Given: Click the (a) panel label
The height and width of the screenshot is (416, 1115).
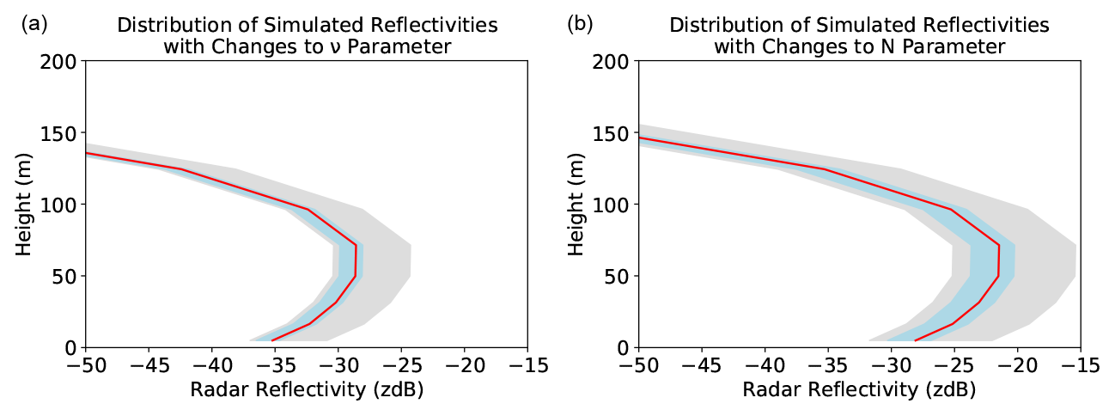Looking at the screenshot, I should (34, 24).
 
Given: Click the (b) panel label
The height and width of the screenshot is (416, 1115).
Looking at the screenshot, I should (581, 24).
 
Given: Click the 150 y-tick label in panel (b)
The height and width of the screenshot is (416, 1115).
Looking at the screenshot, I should (611, 133).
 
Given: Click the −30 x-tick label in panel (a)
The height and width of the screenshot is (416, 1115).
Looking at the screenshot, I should (337, 366).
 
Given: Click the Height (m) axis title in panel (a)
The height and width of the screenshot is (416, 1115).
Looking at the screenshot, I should (25, 204).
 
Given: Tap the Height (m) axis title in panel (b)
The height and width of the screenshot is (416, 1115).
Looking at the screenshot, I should (577, 204).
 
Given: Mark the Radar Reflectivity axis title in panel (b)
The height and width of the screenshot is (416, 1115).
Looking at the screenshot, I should (859, 389).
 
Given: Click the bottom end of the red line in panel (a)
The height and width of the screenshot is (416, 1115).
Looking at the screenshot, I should (272, 341).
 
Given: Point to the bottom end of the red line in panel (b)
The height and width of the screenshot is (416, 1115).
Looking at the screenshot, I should (915, 341).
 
